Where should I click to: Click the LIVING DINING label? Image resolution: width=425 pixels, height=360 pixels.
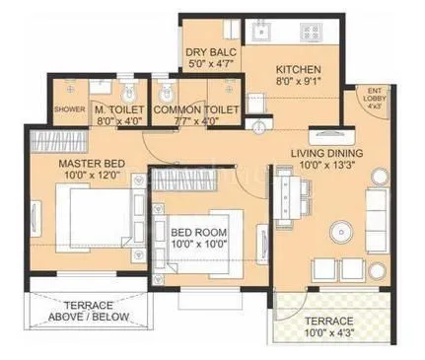coord(328,153)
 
